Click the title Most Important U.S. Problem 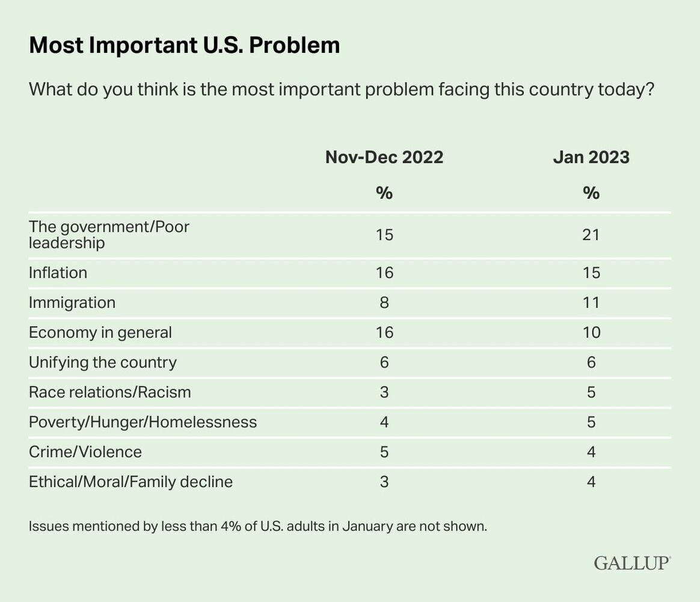(184, 46)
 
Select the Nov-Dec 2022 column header (384, 157)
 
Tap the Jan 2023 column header (591, 157)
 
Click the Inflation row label (58, 273)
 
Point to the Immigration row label (72, 302)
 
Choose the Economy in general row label (100, 332)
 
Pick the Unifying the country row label (102, 362)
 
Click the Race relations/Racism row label (109, 392)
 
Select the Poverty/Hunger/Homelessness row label (143, 422)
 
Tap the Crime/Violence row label (85, 451)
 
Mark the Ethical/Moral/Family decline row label (130, 482)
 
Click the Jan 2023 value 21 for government (591, 234)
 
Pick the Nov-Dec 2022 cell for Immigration (384, 302)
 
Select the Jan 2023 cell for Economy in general (591, 332)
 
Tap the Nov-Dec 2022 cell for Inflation (384, 273)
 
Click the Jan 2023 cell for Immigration (591, 302)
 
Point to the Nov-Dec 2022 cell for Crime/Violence (384, 451)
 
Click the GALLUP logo (632, 563)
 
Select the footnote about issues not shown (257, 526)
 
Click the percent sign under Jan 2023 (591, 193)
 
